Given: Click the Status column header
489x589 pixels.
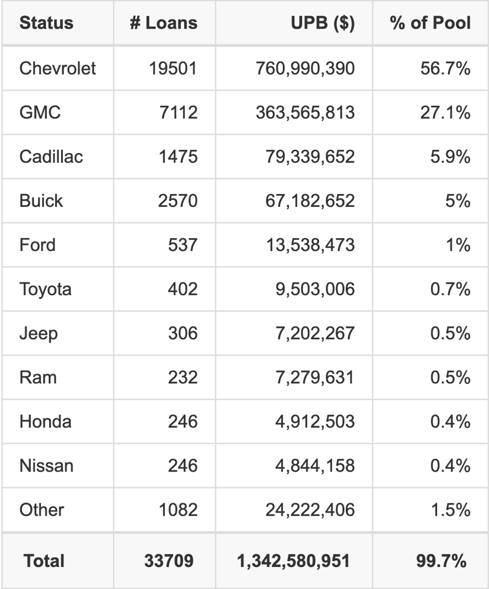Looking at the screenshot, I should click(46, 23).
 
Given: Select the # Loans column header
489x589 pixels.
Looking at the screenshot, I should click(163, 23).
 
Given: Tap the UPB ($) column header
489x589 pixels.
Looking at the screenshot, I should click(323, 23).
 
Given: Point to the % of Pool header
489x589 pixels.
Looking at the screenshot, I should click(430, 23).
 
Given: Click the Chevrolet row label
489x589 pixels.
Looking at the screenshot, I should click(57, 68).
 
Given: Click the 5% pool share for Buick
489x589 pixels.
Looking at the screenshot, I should click(458, 200).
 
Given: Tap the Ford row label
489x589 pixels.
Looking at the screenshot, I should click(37, 245).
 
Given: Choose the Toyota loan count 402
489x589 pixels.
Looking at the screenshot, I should click(183, 289).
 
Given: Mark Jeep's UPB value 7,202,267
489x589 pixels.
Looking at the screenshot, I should click(315, 333).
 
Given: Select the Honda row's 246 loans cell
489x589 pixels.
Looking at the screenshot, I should click(183, 421).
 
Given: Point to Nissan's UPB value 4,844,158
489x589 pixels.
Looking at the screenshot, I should click(315, 465).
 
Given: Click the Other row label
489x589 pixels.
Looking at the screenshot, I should click(42, 509).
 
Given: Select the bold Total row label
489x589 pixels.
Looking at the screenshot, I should click(44, 560).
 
